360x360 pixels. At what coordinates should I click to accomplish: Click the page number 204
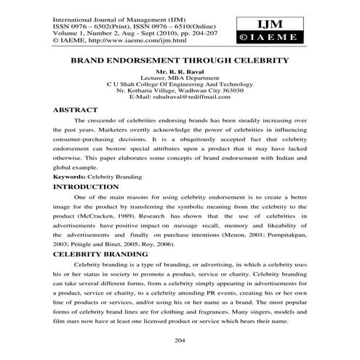click(x=180, y=341)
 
